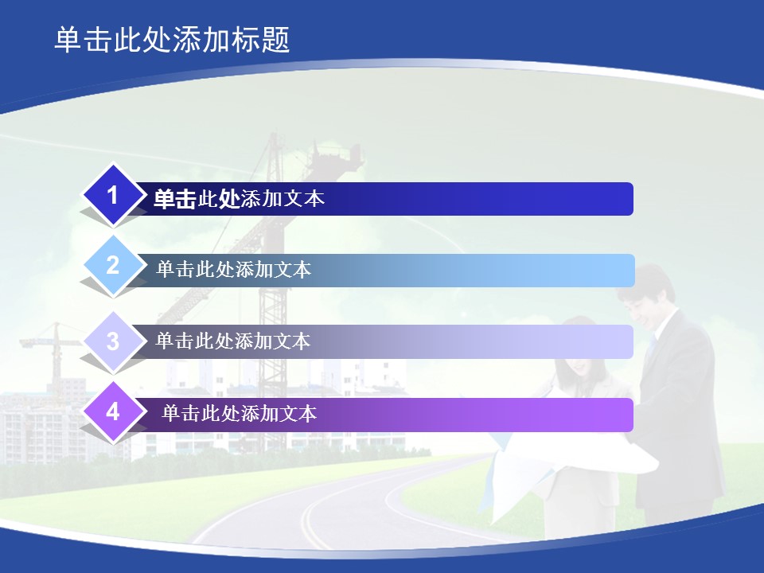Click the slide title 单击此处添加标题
(172, 40)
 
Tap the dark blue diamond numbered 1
(113, 196)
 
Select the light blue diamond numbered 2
(113, 266)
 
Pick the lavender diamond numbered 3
(113, 341)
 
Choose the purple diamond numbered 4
(113, 412)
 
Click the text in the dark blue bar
(239, 199)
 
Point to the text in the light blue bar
(233, 270)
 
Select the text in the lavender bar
(233, 341)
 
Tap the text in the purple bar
(240, 414)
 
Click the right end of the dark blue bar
(632, 199)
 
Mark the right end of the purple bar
(632, 415)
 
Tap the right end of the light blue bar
(633, 271)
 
